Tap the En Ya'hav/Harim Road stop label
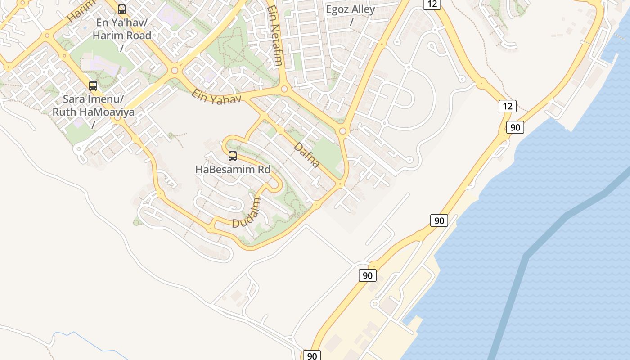(x=122, y=29)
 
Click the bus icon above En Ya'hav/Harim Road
(x=122, y=9)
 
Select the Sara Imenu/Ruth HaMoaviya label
(x=94, y=106)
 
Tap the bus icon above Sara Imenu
(x=93, y=85)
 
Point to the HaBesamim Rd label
(x=233, y=170)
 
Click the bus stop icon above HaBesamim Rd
(x=233, y=156)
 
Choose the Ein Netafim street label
(x=274, y=36)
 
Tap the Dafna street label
(x=307, y=155)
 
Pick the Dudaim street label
(x=246, y=213)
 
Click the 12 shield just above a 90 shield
(x=507, y=106)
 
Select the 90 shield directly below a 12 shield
(x=515, y=127)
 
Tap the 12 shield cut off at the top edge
(x=432, y=4)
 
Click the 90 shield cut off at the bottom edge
(x=311, y=355)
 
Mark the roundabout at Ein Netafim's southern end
(x=284, y=89)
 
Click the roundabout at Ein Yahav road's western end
(x=175, y=71)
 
